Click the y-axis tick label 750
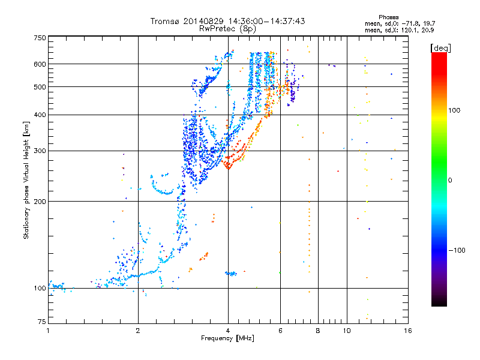coord(40,37)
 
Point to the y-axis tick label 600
coord(40,64)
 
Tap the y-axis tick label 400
coord(40,115)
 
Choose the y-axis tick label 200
coord(40,202)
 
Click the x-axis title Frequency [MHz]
coord(227,339)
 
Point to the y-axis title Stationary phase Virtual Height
coord(26,180)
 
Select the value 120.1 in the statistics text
coord(409,29)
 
